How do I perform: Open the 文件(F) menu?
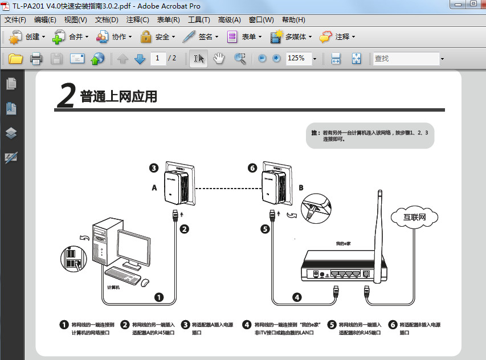click(15, 20)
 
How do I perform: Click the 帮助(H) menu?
click(293, 20)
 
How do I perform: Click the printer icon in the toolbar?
click(36, 58)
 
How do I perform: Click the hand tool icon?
click(219, 58)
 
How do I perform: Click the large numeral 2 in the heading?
click(66, 96)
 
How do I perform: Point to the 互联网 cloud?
click(414, 217)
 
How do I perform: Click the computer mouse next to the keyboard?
click(145, 282)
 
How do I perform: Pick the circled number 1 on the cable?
click(159, 297)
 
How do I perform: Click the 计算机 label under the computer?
click(113, 288)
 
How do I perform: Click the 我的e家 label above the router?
click(343, 243)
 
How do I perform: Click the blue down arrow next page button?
click(140, 58)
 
